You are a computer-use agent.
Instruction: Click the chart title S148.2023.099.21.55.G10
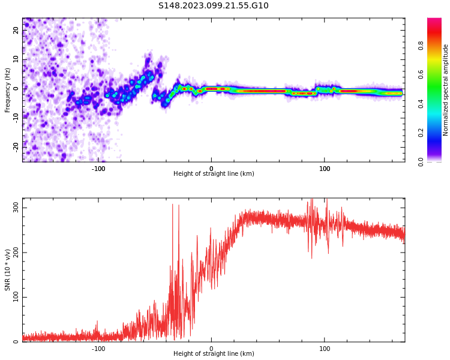click(x=214, y=6)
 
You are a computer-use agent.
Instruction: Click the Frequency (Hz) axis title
click(x=8, y=90)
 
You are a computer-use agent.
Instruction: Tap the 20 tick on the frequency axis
click(x=16, y=31)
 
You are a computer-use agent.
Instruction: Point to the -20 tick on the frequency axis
click(x=16, y=146)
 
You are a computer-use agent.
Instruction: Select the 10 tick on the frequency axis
click(x=16, y=59)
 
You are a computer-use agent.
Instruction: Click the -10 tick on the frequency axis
click(x=16, y=117)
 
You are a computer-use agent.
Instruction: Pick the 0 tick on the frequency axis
click(x=16, y=88)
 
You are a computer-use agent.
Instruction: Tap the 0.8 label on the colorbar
click(x=437, y=45)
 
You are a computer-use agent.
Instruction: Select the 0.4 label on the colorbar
click(x=437, y=104)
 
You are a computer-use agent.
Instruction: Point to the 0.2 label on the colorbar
click(x=437, y=133)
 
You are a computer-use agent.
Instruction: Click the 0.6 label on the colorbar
click(x=437, y=74)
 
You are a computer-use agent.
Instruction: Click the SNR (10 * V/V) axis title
click(x=8, y=270)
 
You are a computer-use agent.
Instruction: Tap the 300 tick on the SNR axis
click(x=16, y=207)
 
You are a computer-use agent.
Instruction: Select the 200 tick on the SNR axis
click(x=16, y=252)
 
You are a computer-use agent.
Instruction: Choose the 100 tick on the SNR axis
click(x=16, y=297)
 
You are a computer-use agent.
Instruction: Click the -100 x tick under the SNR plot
click(x=98, y=349)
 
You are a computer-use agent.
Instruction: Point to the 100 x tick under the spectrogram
click(x=325, y=169)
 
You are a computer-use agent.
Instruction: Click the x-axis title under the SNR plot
click(x=214, y=354)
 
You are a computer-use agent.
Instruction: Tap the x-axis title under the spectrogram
click(x=214, y=174)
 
